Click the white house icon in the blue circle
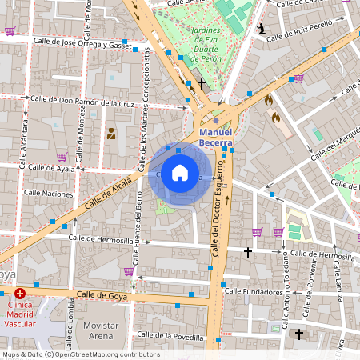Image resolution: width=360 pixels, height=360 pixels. click(180, 174)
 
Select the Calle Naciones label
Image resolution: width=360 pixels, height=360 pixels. click(48, 193)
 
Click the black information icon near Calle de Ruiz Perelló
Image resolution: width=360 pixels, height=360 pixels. click(261, 29)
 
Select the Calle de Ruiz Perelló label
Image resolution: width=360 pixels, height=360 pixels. click(298, 36)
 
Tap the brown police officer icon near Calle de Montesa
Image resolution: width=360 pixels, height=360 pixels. click(111, 133)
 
